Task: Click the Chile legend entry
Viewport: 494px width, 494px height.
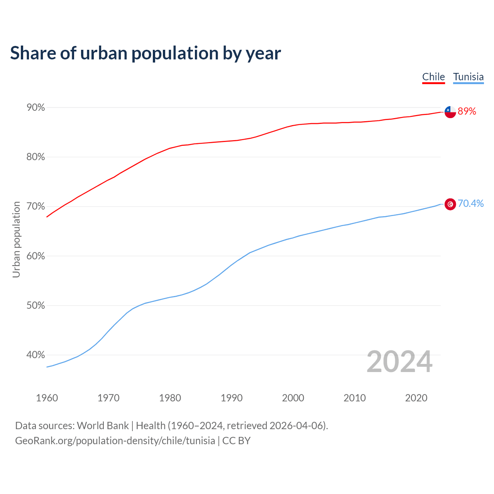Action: (433, 77)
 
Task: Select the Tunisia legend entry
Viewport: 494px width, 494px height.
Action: (468, 77)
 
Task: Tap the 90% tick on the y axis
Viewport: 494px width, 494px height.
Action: (36, 108)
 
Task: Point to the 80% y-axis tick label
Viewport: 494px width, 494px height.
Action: (36, 157)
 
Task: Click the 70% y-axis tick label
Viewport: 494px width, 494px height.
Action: (36, 206)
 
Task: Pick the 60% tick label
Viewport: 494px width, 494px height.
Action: (36, 256)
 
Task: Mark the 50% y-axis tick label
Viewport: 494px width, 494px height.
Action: (36, 306)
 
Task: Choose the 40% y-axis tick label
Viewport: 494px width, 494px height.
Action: (36, 355)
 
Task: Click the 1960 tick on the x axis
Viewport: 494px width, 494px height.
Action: (47, 398)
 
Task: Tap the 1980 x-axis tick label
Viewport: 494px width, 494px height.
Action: (170, 398)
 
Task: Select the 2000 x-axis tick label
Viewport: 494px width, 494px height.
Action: (293, 398)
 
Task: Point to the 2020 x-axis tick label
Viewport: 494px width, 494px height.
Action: (416, 398)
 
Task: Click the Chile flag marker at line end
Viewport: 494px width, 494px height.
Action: (450, 112)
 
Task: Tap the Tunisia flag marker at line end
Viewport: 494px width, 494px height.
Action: (450, 204)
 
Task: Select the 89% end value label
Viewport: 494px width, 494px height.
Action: (467, 112)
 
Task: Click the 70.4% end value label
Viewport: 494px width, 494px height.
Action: (470, 203)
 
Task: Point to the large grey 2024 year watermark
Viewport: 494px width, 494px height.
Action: (399, 362)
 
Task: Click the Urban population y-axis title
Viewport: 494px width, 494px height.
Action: (16, 239)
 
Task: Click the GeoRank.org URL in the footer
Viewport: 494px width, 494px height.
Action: (115, 441)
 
